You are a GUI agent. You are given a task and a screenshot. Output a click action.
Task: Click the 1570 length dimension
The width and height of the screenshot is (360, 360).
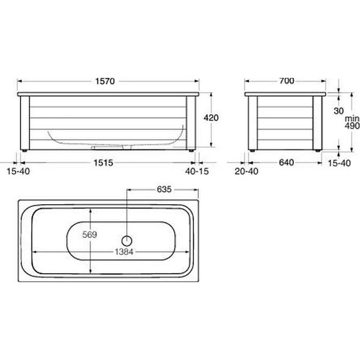105,81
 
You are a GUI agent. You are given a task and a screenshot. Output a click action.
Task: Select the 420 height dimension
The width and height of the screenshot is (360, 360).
211,118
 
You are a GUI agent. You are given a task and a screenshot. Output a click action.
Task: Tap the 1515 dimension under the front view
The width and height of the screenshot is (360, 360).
103,163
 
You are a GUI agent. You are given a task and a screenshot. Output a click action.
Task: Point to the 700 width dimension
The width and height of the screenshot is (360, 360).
287,81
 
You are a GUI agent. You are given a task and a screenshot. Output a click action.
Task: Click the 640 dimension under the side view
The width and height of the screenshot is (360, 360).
286,163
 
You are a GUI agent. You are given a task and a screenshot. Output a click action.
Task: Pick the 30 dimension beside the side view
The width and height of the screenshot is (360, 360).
339,111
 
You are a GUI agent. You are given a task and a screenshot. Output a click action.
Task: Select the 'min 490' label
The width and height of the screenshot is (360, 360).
352,122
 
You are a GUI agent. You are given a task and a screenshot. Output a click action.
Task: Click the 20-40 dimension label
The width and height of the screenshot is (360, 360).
247,171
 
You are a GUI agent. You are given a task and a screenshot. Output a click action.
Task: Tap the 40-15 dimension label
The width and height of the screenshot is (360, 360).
197,171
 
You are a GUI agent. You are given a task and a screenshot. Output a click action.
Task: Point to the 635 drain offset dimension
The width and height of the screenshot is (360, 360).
164,189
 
